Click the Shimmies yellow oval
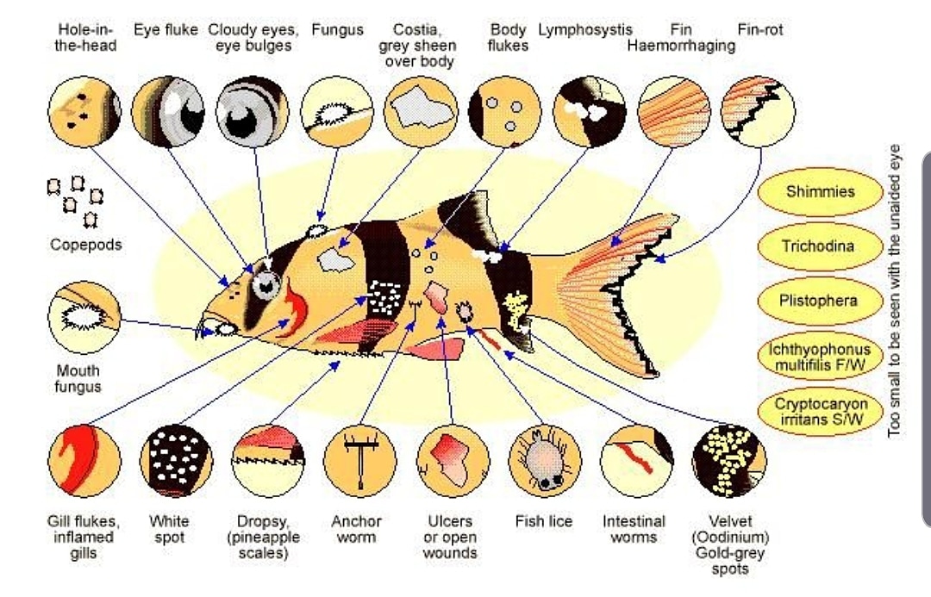click(x=820, y=191)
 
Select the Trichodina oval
click(x=820, y=246)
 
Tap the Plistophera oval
click(x=820, y=301)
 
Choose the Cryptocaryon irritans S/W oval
click(x=820, y=411)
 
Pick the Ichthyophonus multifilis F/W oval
click(x=820, y=356)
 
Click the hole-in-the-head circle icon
click(x=84, y=111)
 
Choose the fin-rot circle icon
click(x=758, y=111)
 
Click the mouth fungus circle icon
click(x=84, y=317)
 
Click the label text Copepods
click(x=86, y=245)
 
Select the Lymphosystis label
click(x=585, y=30)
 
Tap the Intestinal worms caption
click(x=634, y=529)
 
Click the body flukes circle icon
click(x=505, y=111)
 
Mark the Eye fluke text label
click(x=166, y=30)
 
